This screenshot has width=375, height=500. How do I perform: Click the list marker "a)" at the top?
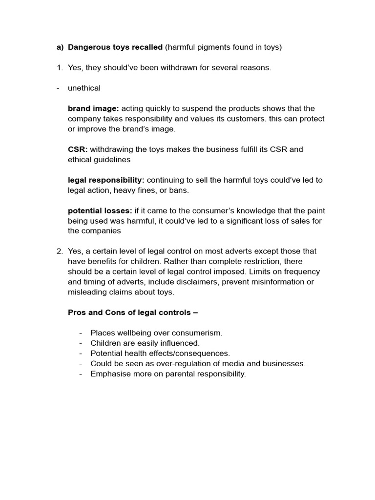[60, 47]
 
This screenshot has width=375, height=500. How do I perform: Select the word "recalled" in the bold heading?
[146, 47]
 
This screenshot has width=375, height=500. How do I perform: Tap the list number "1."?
[60, 68]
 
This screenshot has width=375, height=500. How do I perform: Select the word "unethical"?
[84, 88]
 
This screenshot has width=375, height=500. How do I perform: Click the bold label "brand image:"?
[93, 108]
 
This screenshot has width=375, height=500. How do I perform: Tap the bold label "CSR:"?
[78, 149]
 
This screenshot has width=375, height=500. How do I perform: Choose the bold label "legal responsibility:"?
[106, 180]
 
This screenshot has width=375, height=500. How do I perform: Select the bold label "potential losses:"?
[100, 211]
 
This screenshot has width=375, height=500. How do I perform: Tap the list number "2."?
[60, 251]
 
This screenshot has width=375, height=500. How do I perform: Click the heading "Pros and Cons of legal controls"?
[132, 312]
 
